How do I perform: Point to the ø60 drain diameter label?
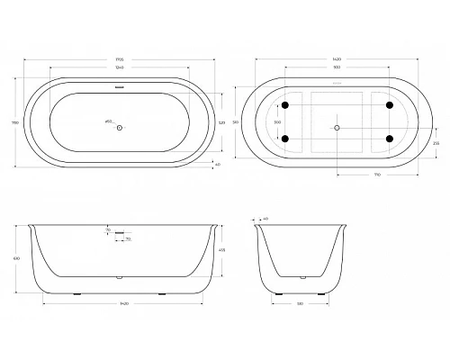click(109, 119)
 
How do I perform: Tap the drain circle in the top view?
click(119, 126)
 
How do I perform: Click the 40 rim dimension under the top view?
click(217, 165)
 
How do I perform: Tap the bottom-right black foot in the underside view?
click(390, 139)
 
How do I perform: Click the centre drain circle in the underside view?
click(338, 127)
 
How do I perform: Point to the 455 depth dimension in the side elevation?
click(223, 249)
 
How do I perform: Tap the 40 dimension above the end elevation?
click(265, 218)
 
